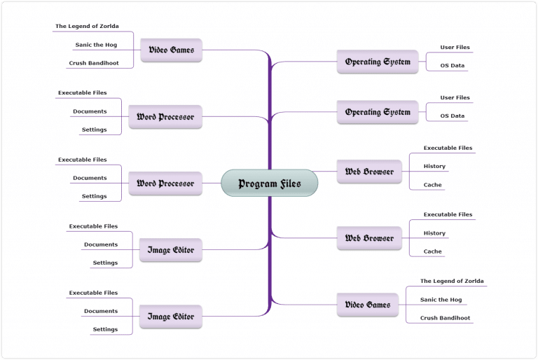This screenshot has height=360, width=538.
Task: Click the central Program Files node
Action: coord(269,184)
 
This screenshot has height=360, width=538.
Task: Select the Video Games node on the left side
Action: coord(171,50)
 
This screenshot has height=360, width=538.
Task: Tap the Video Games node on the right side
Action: coord(368,305)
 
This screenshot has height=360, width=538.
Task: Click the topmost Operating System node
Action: coord(378,62)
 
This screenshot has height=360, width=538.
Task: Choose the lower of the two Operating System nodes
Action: coord(378,112)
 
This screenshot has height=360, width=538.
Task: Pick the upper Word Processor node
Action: coord(165,117)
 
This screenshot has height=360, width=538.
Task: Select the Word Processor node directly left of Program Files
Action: coord(165,184)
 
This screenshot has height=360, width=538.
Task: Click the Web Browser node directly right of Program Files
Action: coord(369,172)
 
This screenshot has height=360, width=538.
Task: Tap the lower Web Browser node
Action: coord(369,238)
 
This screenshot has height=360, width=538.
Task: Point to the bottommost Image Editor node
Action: coord(170,317)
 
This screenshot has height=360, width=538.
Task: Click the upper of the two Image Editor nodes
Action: coord(170,250)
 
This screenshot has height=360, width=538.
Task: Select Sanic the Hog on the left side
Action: coord(96,45)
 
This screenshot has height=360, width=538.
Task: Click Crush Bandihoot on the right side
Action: coord(445,318)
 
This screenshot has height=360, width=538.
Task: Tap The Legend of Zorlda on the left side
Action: coord(87,27)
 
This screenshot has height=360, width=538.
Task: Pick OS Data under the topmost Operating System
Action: coord(452,66)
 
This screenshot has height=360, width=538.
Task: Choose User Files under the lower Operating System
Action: coord(455,97)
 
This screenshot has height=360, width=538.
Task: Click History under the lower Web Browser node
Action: coord(434,233)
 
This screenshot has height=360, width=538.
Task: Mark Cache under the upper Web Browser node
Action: coord(432,185)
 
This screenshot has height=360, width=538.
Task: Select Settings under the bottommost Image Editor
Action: coord(105,329)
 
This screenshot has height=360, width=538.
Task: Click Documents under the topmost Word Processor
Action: coord(90,111)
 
